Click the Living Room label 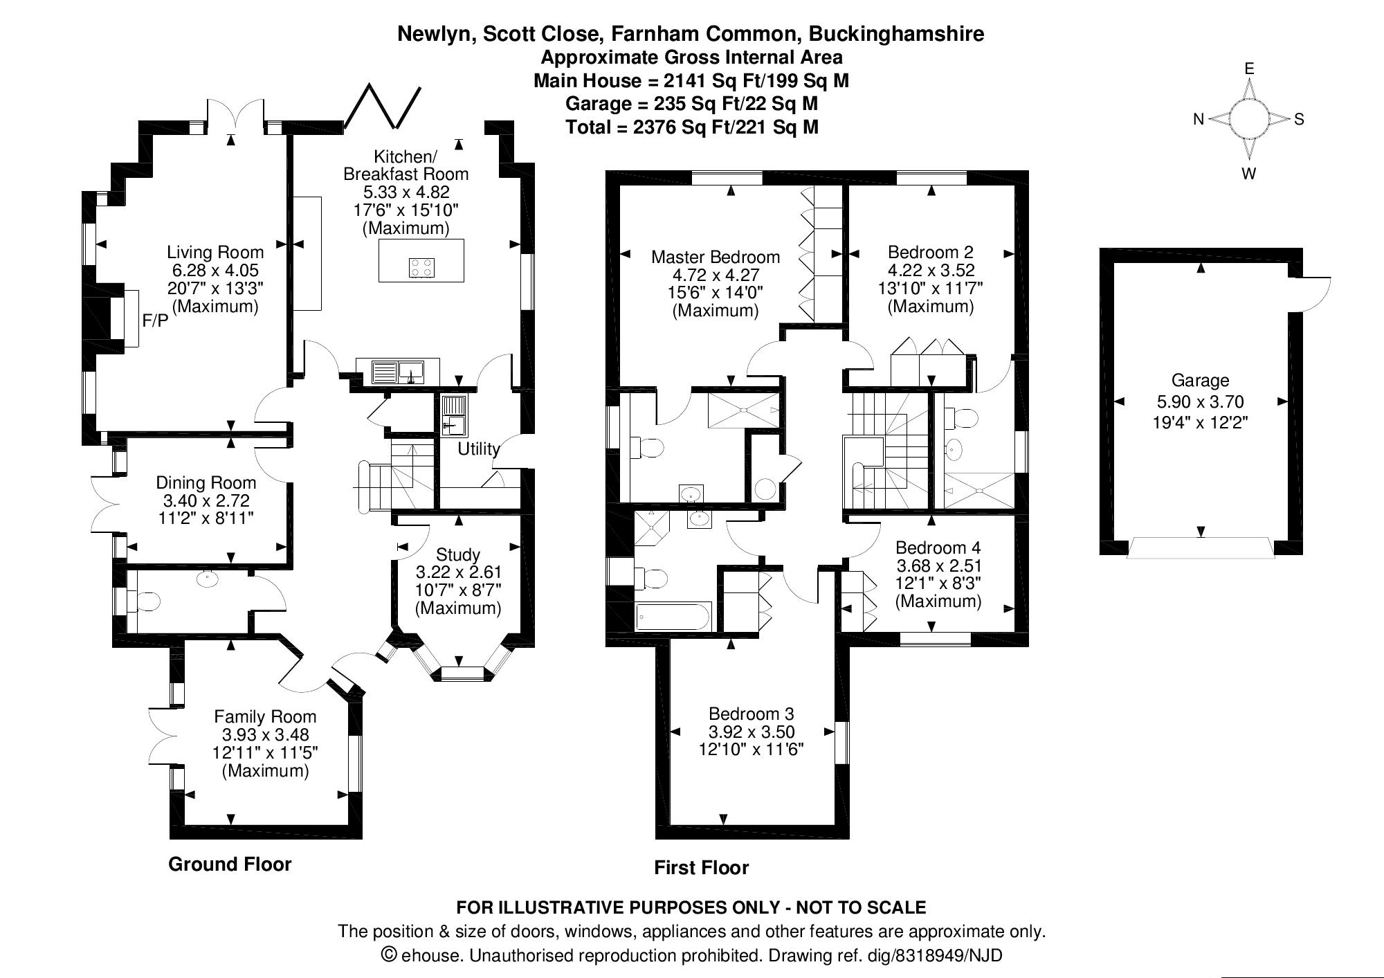click(x=215, y=253)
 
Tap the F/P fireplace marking click(x=155, y=320)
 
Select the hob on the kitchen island click(x=422, y=268)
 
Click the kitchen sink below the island click(x=398, y=372)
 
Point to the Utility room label click(x=479, y=449)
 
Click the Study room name click(x=458, y=555)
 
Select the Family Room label click(x=265, y=717)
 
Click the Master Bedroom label click(x=716, y=257)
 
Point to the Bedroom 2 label click(x=931, y=252)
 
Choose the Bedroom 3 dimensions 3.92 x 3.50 click(x=752, y=732)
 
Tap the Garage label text click(x=1201, y=381)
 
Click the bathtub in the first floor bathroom click(x=673, y=615)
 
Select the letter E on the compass click(x=1249, y=69)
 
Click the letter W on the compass click(x=1249, y=174)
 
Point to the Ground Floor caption click(x=230, y=864)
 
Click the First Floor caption click(x=702, y=868)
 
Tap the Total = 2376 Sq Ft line click(x=691, y=127)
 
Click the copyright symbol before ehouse click(x=390, y=955)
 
